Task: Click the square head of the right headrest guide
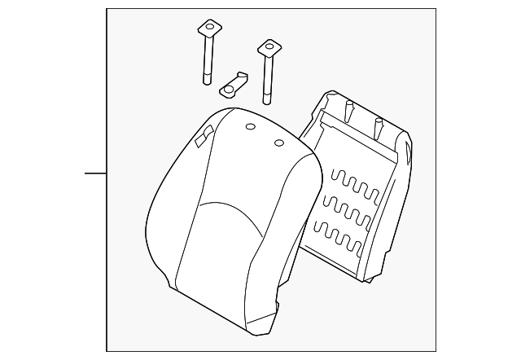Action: click(x=267, y=47)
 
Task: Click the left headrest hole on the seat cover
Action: click(x=250, y=126)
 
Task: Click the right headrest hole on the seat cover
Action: click(x=279, y=143)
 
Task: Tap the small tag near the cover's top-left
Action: click(x=204, y=136)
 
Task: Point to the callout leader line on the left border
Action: click(x=96, y=173)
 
